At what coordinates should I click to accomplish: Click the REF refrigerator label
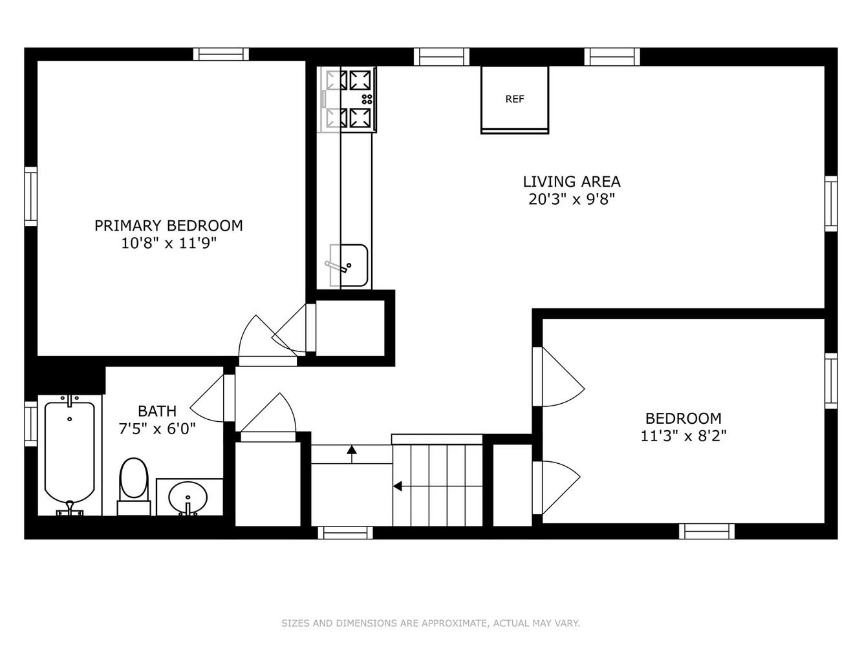(515, 99)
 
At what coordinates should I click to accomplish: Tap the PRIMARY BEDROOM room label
(169, 225)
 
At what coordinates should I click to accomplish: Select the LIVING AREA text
(572, 182)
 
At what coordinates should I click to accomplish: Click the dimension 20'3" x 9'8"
(572, 200)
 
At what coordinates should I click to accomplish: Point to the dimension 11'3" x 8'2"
(684, 436)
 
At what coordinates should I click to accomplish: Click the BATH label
(157, 411)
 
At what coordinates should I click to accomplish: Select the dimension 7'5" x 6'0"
(157, 428)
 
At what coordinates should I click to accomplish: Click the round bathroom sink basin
(188, 497)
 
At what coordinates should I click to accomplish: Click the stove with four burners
(350, 99)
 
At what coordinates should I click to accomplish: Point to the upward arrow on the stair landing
(352, 452)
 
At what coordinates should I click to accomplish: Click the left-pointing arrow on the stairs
(398, 486)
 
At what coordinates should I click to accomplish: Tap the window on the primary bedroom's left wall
(30, 196)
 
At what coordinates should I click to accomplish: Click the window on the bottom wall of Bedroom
(707, 531)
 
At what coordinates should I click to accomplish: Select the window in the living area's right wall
(831, 203)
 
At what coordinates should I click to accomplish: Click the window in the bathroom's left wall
(30, 423)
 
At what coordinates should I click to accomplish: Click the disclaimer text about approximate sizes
(431, 623)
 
